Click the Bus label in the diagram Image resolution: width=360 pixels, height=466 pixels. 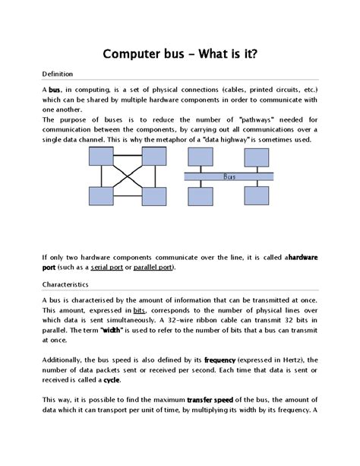pyautogui.click(x=230, y=176)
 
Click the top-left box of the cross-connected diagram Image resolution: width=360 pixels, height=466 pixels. pyautogui.click(x=101, y=157)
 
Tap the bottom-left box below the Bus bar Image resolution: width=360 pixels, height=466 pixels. pyautogui.click(x=200, y=196)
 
